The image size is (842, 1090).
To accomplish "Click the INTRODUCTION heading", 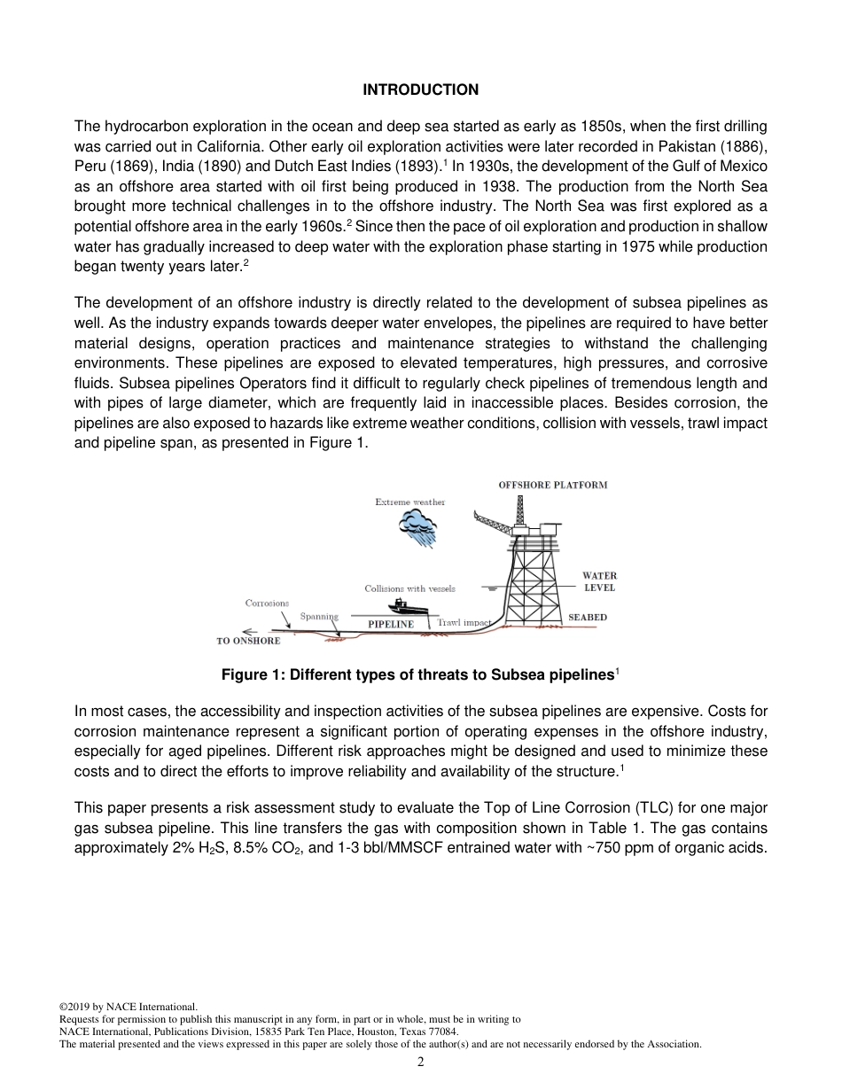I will point(421,90).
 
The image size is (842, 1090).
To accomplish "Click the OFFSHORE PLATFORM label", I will point(553,486).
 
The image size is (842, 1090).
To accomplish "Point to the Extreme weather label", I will point(409,502).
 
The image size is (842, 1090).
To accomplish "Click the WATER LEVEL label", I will point(599,581).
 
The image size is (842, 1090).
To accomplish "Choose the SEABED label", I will point(588,617).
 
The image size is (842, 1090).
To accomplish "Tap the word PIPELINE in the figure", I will point(391,624).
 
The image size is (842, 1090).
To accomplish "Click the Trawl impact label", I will point(464,623).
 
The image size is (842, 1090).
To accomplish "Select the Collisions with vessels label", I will point(409,588).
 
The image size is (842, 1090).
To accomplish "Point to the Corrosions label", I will point(267,603).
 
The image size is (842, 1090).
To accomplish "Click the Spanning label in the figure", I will point(319,616).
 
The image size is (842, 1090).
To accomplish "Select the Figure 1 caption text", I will point(420,675).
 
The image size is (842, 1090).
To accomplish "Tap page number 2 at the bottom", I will point(421,1063).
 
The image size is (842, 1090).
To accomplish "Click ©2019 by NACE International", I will point(128,1007).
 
